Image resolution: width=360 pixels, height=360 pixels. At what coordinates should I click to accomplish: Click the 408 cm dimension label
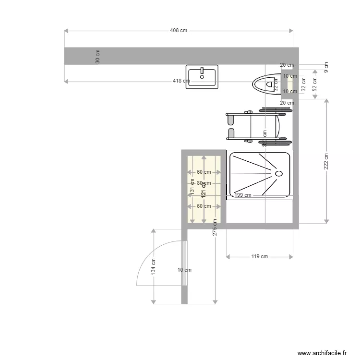pyautogui.click(x=179, y=30)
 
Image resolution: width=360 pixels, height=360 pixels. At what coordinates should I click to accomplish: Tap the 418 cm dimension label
pyautogui.click(x=180, y=81)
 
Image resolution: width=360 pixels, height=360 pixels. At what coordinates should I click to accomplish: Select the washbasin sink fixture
pyautogui.click(x=202, y=76)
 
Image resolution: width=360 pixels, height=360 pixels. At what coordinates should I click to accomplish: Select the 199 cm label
pyautogui.click(x=243, y=195)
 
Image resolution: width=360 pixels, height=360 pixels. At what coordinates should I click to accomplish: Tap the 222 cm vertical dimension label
pyautogui.click(x=326, y=161)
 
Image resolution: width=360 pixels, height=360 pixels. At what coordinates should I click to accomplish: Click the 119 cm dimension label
pyautogui.click(x=260, y=256)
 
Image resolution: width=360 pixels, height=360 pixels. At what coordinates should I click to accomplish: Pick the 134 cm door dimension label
pyautogui.click(x=153, y=266)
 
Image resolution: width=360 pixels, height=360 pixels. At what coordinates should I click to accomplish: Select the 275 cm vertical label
pyautogui.click(x=215, y=228)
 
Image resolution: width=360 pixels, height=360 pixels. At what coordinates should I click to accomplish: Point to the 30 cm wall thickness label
pyautogui.click(x=98, y=57)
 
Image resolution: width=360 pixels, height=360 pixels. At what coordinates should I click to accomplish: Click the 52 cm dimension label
pyautogui.click(x=315, y=84)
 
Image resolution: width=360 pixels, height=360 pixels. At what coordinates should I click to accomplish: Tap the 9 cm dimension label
pyautogui.click(x=326, y=68)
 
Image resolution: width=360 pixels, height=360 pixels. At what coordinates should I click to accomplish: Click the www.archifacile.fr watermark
pyautogui.click(x=322, y=353)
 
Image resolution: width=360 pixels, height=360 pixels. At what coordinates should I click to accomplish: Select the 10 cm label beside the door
pyautogui.click(x=184, y=270)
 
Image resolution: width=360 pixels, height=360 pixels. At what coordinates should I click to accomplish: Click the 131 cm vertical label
pyautogui.click(x=192, y=191)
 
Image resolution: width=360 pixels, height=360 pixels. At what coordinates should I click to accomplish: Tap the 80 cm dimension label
pyautogui.click(x=204, y=183)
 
